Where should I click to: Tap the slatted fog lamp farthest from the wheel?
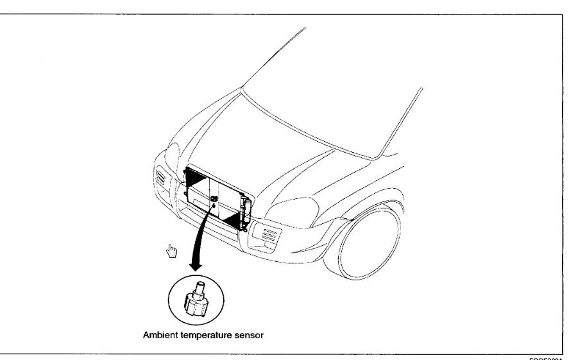[160, 182]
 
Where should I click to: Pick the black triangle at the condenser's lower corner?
[229, 218]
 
